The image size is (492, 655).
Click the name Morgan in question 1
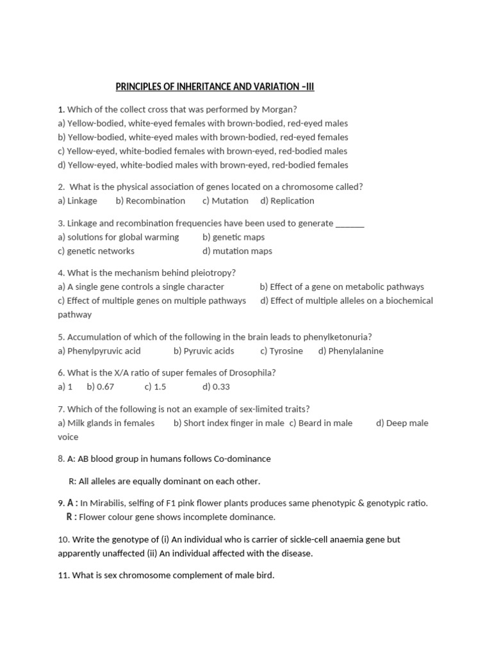coord(279,109)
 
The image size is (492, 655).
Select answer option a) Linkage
coord(78,201)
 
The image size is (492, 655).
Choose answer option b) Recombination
coord(151,201)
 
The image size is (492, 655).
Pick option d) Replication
coord(288,201)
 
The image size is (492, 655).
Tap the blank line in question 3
coord(350,224)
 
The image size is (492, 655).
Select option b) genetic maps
coord(233,237)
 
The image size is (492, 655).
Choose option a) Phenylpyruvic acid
coord(99,351)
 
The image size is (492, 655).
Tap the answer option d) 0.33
coord(217,387)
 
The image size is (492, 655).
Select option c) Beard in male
coord(321,423)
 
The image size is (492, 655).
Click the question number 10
coord(63,540)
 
